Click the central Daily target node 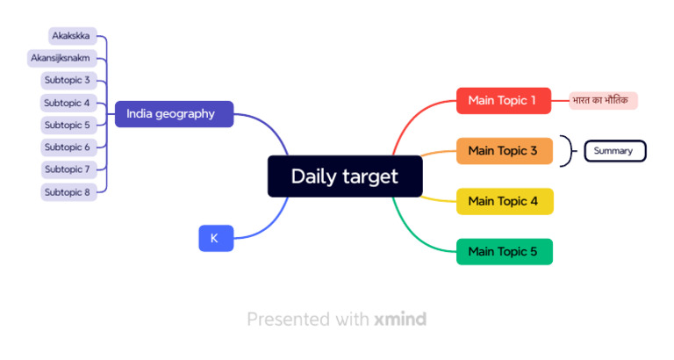pos(345,176)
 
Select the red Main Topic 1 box pos(503,100)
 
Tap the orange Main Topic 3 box pos(503,151)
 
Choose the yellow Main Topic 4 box pos(504,201)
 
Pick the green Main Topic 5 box pos(504,252)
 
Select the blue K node pos(216,238)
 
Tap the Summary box pos(614,151)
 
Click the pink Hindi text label pos(603,101)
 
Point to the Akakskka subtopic pos(72,36)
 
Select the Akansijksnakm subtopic pos(61,58)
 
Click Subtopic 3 pos(68,81)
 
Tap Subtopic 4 pos(68,103)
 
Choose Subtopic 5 pos(68,125)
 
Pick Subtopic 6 pos(68,148)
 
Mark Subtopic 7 pos(68,169)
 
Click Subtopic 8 pos(68,191)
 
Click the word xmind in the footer pos(399,319)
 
